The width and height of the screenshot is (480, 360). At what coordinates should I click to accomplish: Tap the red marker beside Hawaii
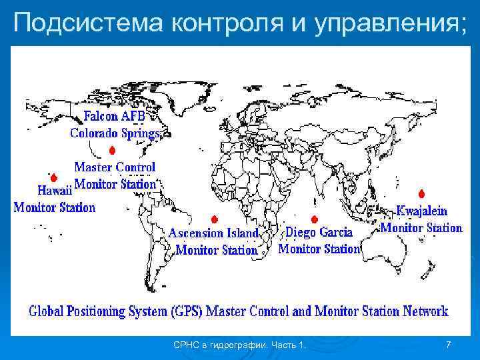(53, 178)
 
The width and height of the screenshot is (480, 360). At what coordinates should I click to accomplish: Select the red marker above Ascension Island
(213, 219)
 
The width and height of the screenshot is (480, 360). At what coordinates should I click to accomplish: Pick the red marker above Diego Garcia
(314, 219)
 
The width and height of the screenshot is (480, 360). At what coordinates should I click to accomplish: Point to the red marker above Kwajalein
(421, 193)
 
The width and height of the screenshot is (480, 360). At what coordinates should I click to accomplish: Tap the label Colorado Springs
(115, 133)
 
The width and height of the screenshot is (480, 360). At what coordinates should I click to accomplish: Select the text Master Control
(115, 167)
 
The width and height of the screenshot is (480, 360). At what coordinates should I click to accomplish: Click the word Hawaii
(51, 189)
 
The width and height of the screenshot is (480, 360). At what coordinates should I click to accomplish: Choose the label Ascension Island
(213, 233)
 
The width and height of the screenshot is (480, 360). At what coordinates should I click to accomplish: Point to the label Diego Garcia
(319, 233)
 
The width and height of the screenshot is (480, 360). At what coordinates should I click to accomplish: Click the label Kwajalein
(422, 211)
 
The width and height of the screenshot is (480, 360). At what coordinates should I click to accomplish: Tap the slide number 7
(448, 345)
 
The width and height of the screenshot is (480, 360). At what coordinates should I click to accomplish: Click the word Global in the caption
(47, 311)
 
